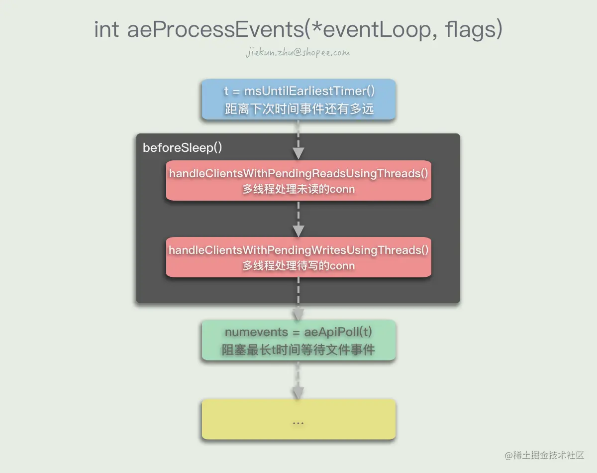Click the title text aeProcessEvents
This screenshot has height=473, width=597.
pyautogui.click(x=214, y=30)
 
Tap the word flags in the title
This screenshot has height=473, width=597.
pyautogui.click(x=472, y=30)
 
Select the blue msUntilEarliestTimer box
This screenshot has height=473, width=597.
pyautogui.click(x=298, y=99)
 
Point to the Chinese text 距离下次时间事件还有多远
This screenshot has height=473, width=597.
pyautogui.click(x=298, y=109)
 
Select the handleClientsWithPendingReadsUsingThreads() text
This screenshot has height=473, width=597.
pyautogui.click(x=298, y=173)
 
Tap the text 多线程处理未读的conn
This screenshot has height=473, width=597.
pyautogui.click(x=298, y=189)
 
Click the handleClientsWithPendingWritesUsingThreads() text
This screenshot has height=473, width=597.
pyautogui.click(x=298, y=250)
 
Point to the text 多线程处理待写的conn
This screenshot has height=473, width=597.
pyautogui.click(x=298, y=266)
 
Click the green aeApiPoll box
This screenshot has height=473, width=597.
pyautogui.click(x=298, y=341)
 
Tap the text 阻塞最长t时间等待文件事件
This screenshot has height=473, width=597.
pyautogui.click(x=298, y=350)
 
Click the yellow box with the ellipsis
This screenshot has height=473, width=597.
pyautogui.click(x=298, y=419)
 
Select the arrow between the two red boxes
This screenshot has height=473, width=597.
pyautogui.click(x=298, y=219)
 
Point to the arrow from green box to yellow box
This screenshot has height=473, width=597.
pyautogui.click(x=298, y=381)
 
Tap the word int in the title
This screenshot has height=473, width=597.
pyautogui.click(x=106, y=30)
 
